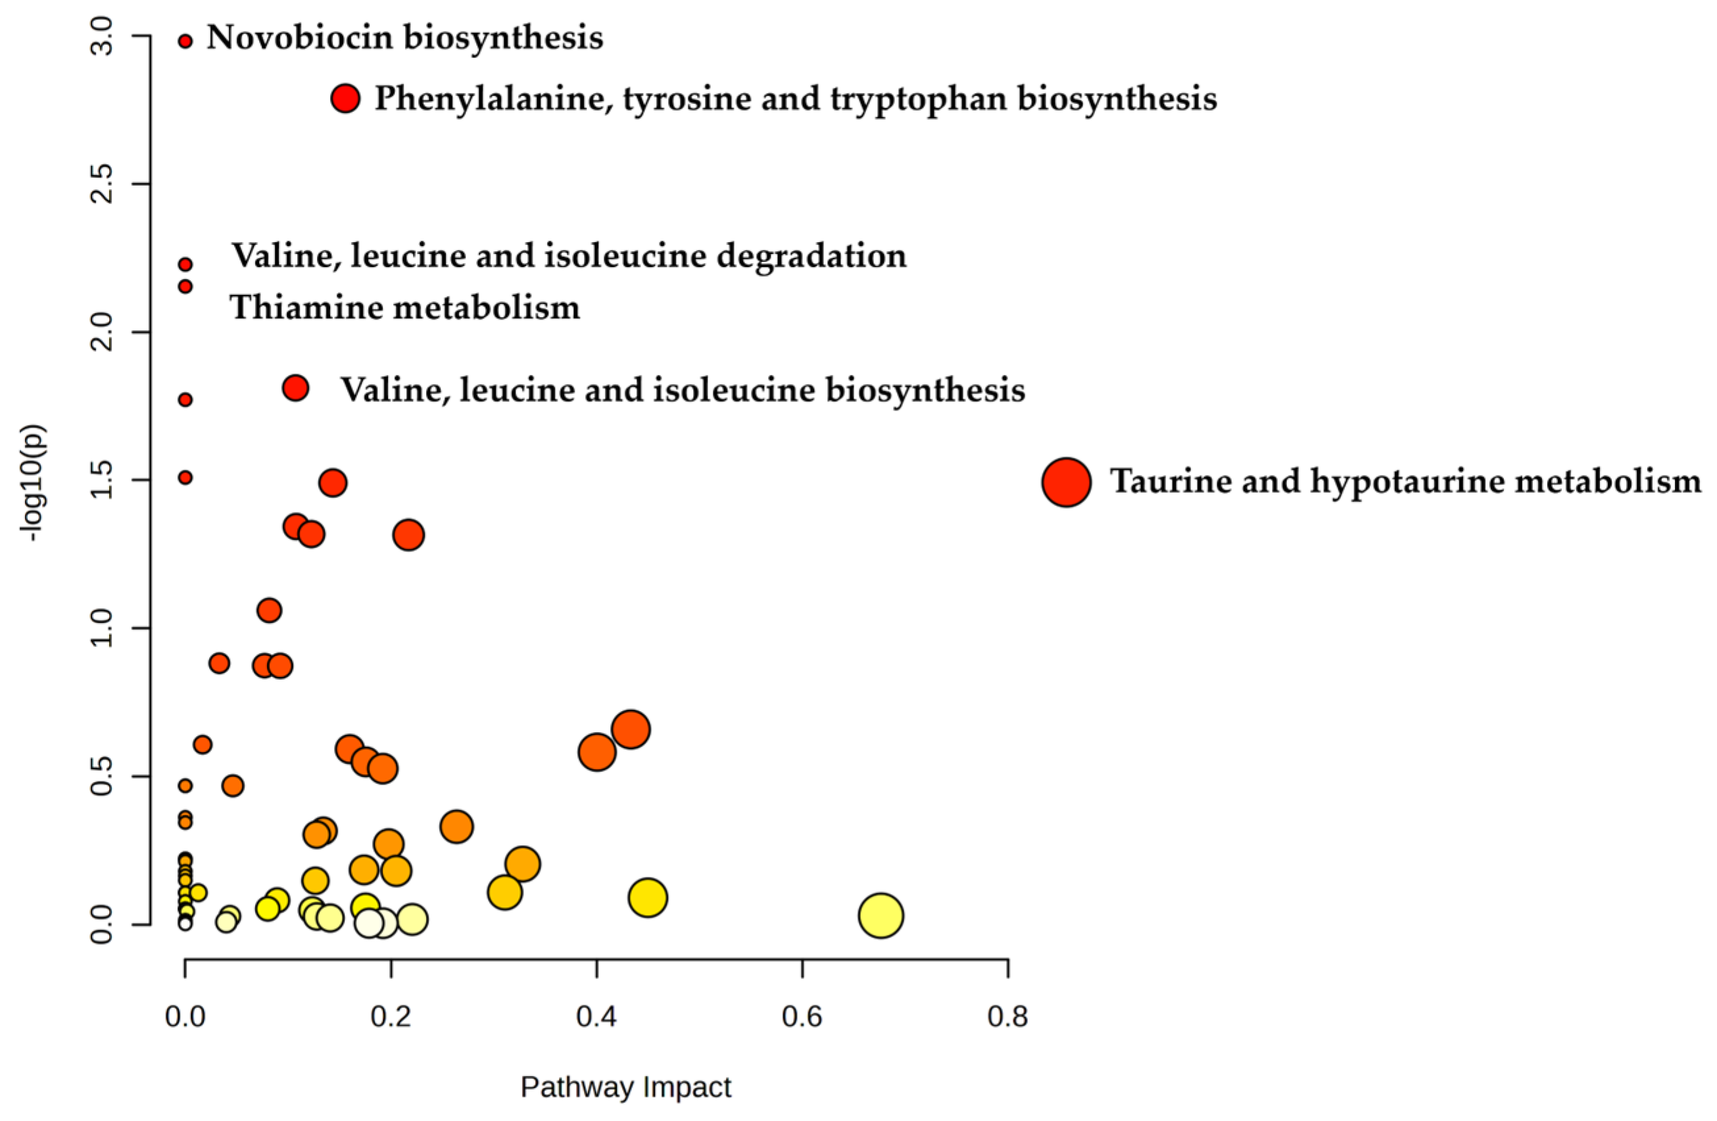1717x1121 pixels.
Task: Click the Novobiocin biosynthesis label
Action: pyautogui.click(x=404, y=37)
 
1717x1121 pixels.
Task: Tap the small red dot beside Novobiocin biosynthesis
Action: pyautogui.click(x=185, y=42)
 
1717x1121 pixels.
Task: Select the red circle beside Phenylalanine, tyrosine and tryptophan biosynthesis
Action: pyautogui.click(x=345, y=98)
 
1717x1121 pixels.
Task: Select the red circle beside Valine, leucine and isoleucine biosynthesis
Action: pyautogui.click(x=296, y=388)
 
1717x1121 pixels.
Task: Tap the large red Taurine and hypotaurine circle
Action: pyautogui.click(x=1066, y=482)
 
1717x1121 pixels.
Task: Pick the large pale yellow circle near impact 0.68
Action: pyautogui.click(x=881, y=915)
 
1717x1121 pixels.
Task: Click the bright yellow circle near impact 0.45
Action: pyautogui.click(x=648, y=898)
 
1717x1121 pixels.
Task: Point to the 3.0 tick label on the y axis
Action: pyautogui.click(x=103, y=36)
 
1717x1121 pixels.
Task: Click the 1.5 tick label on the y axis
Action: pyautogui.click(x=103, y=480)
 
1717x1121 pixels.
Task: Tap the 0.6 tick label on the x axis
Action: pyautogui.click(x=802, y=1017)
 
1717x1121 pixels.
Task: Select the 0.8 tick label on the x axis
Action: pyautogui.click(x=1008, y=1017)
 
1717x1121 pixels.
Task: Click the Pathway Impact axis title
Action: pyautogui.click(x=625, y=1087)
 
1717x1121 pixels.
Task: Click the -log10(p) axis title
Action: pyautogui.click(x=33, y=482)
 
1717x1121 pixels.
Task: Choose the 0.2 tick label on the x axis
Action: pyautogui.click(x=391, y=1017)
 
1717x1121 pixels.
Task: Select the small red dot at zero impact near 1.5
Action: pyautogui.click(x=185, y=477)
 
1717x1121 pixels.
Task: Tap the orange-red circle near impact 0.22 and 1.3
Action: pyautogui.click(x=408, y=536)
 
